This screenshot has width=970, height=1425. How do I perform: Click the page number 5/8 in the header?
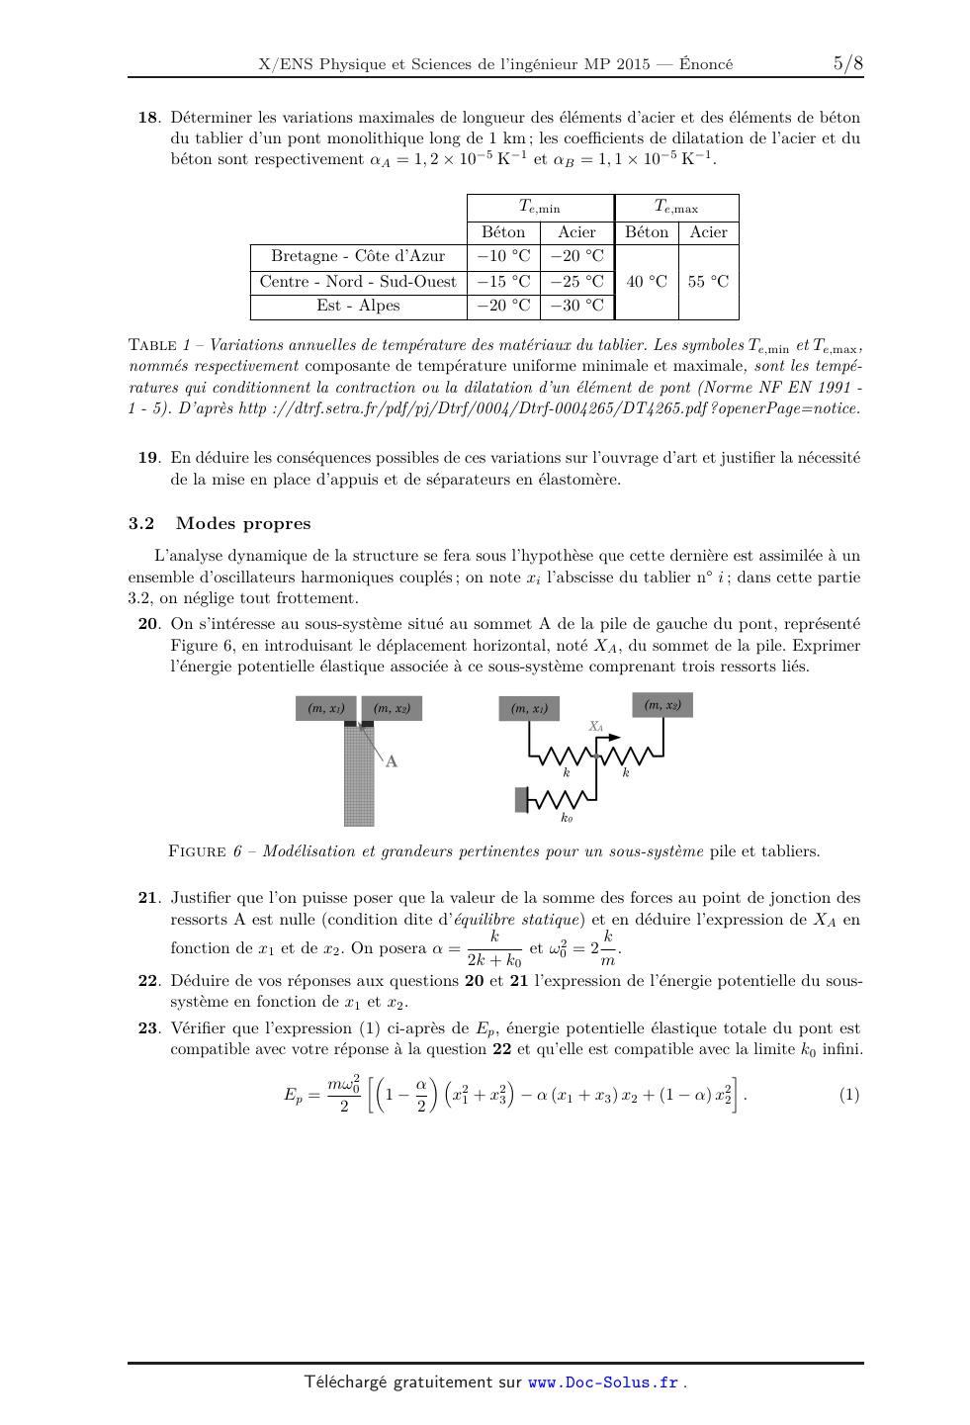pos(847,64)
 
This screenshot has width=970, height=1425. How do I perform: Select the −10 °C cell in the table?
pos(503,256)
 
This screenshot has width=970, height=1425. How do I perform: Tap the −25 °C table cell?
pos(576,281)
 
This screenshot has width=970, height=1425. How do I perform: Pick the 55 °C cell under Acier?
pos(708,281)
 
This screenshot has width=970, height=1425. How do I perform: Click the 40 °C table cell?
pos(647,281)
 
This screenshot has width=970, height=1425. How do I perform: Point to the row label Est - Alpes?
pos(358,306)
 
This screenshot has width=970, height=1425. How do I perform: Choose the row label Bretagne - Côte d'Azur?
pos(358,256)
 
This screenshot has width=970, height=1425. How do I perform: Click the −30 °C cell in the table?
pos(576,306)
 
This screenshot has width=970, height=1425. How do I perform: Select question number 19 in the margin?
pos(147,458)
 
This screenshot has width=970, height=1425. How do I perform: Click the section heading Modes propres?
pos(243,524)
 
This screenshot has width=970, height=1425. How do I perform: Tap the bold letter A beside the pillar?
pos(392,761)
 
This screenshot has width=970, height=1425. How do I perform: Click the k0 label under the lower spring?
pos(567,818)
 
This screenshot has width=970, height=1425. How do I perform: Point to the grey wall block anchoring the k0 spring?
pos(521,799)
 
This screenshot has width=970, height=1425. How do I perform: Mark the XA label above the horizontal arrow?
pos(595,726)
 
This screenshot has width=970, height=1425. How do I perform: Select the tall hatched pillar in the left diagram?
pos(359,776)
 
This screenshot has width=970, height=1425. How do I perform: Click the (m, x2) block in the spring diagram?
pos(662,705)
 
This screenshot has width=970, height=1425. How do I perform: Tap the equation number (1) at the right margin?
pos(849,1095)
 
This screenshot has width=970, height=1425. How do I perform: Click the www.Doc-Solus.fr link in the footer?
pos(603,1382)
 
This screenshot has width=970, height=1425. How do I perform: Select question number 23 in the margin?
pos(147,1028)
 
